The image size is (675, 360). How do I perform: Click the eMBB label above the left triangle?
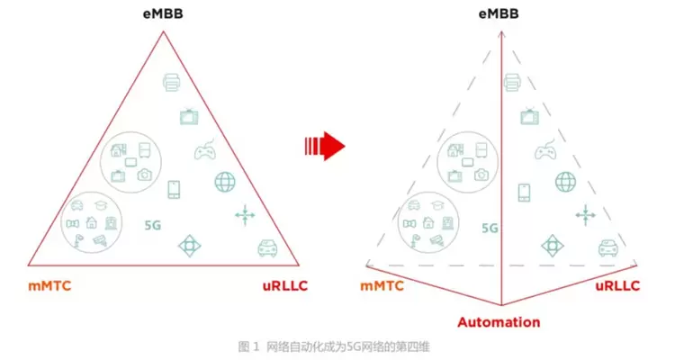coord(163,16)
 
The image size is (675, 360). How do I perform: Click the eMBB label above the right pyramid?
coord(499,16)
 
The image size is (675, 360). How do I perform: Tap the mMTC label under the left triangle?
coord(49,286)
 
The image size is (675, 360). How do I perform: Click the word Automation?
coord(499,321)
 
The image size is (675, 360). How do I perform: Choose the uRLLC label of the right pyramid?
coord(617,286)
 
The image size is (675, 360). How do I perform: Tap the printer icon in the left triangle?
coord(172,82)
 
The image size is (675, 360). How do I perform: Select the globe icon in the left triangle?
coord(225,181)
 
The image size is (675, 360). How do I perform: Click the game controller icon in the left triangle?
coord(204,151)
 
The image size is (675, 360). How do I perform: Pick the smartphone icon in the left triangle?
coord(174,190)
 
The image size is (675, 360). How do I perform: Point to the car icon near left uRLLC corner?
coord(266,247)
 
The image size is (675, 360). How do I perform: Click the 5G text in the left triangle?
coord(153,227)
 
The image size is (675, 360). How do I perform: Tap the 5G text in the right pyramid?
coord(489,228)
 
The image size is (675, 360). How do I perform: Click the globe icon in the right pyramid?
coord(566,181)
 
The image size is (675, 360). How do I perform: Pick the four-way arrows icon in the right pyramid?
coord(586,214)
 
